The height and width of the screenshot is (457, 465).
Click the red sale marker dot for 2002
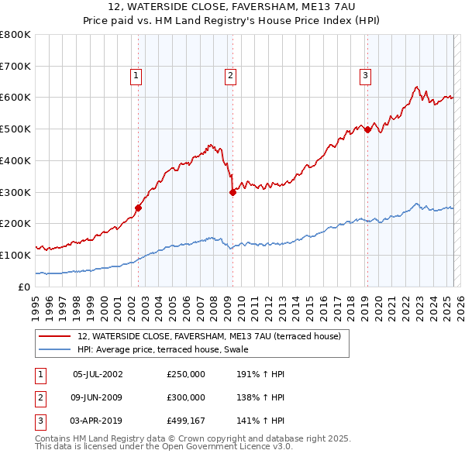[x=139, y=208]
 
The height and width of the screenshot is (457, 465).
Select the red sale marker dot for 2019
[x=367, y=129]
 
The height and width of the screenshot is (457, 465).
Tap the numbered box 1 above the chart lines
[x=136, y=76]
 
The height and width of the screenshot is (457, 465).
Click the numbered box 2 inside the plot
[x=231, y=76]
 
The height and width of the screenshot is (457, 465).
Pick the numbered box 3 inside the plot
[x=364, y=76]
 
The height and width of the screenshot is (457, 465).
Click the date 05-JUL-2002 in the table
[x=98, y=374]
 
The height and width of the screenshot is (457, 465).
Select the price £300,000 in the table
[x=186, y=397]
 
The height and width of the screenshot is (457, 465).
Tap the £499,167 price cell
[x=186, y=421]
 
